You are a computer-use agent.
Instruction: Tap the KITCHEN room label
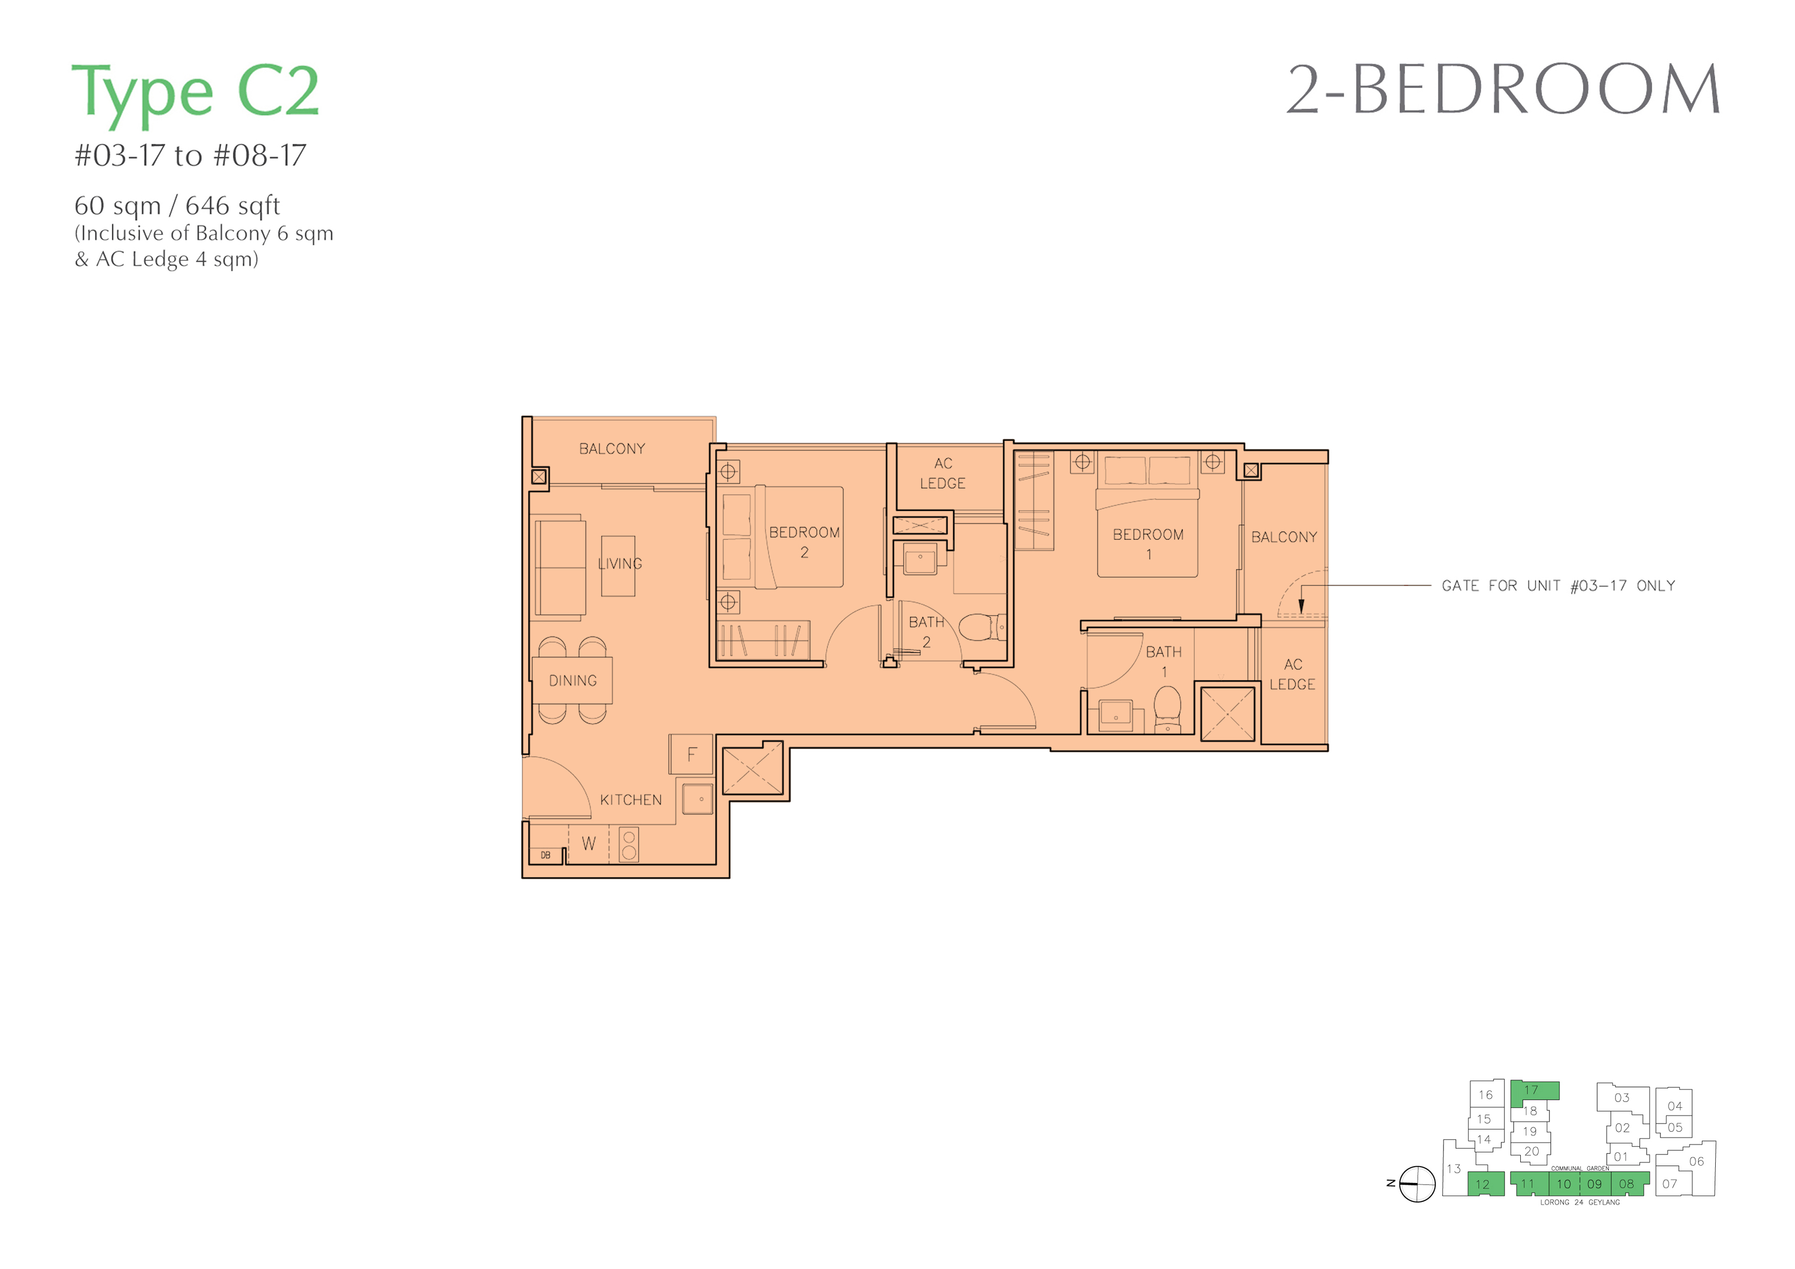click(x=631, y=800)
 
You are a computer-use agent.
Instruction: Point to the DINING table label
click(x=573, y=681)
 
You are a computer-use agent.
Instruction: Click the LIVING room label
click(x=620, y=564)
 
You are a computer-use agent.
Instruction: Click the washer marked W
click(x=588, y=844)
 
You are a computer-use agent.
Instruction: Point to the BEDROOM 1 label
click(x=1148, y=544)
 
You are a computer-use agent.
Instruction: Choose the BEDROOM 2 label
click(x=804, y=542)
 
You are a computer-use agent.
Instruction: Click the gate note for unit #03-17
click(x=1558, y=585)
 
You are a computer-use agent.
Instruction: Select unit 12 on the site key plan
click(x=1485, y=1184)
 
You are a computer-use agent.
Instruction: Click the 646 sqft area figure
click(x=232, y=206)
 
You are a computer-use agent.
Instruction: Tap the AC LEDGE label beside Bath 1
click(x=1293, y=674)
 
